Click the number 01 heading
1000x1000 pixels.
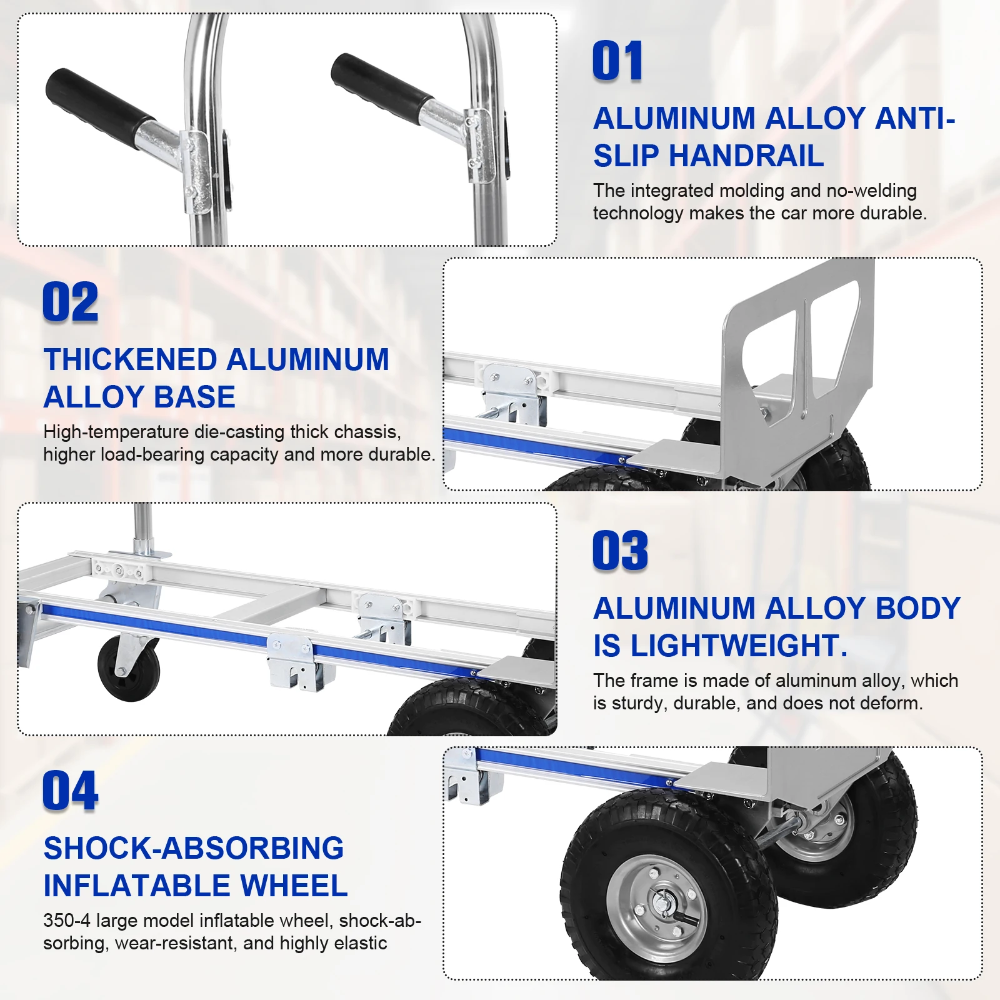pos(617,61)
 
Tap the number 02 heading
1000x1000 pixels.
pos(71,302)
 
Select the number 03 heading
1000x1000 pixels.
pos(620,551)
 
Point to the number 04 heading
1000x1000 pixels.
pos(71,791)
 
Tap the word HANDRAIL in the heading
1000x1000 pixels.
pos(746,156)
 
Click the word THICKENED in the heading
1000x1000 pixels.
pos(130,360)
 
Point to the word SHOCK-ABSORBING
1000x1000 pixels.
pos(194,849)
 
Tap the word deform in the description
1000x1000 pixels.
pos(890,703)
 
